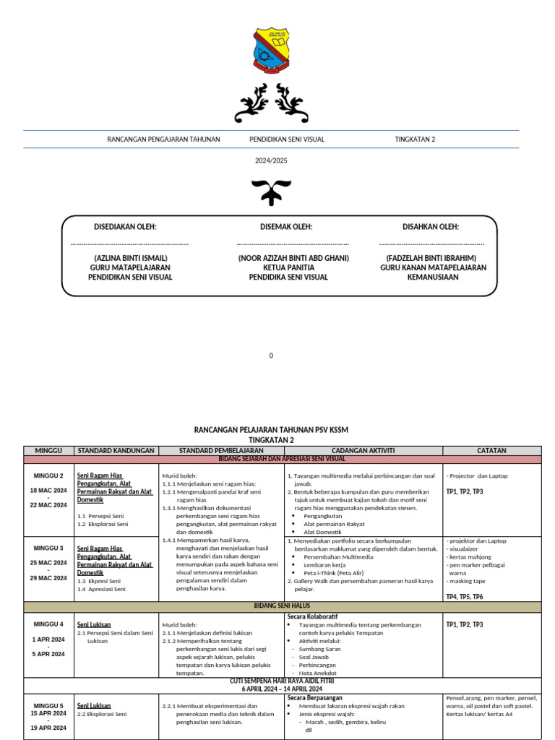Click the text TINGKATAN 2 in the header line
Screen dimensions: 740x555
tap(415, 139)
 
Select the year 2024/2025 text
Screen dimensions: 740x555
tap(271, 160)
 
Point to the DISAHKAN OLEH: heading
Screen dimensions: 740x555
tap(431, 227)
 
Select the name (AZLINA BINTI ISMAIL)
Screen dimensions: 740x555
tap(130, 258)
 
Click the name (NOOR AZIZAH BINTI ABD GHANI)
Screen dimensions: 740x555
tap(293, 258)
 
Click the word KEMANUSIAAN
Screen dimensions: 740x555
tap(433, 277)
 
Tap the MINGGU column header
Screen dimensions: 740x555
tap(49, 450)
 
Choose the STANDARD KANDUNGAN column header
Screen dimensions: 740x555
tap(116, 450)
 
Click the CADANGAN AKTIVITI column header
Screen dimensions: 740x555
tap(363, 450)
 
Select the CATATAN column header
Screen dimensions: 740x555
tap(491, 450)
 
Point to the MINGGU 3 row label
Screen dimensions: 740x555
tap(49, 548)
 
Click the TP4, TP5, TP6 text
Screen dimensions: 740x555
tap(465, 597)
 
